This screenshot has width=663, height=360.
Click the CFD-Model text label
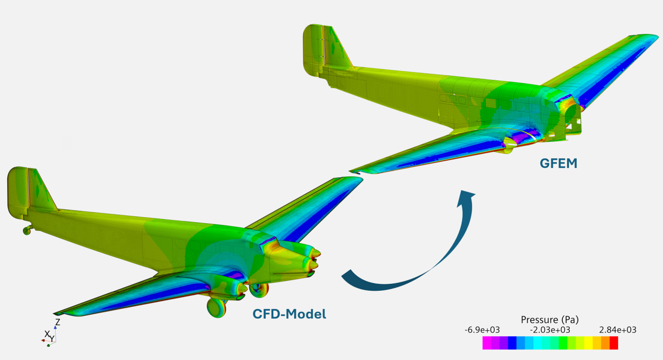pos(289,314)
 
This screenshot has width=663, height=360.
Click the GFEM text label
pos(559,163)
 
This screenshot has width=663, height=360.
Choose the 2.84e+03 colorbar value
pos(618,330)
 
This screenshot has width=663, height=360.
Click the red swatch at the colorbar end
pos(614,343)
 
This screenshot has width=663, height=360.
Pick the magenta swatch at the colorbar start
pos(487,343)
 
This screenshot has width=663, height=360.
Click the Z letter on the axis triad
pos(57,322)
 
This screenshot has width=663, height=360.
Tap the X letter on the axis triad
pos(46,333)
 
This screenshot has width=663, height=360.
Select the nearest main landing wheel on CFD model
pos(216,307)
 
